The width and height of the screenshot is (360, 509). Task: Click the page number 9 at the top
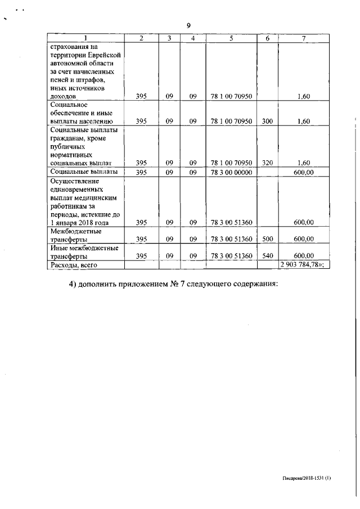point(189,25)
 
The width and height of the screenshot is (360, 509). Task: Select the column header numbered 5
point(231,38)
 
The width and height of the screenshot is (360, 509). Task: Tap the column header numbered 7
point(303,38)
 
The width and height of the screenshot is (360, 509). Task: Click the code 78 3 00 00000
point(231,172)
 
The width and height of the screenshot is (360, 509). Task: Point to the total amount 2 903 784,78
point(303,264)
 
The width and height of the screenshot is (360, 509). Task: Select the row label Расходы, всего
point(74,264)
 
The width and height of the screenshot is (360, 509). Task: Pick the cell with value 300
point(267,121)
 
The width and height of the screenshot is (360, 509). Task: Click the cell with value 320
point(267,163)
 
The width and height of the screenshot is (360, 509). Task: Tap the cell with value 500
point(267,239)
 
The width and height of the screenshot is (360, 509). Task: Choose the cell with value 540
point(267,255)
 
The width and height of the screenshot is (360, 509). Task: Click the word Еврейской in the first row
point(103,55)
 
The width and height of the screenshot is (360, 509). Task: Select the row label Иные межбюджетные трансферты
point(84,251)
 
